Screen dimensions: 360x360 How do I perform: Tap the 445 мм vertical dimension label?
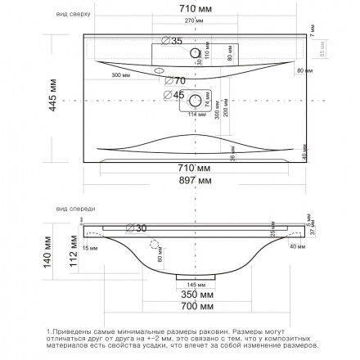[53, 97]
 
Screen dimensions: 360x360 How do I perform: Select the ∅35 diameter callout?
[172, 40]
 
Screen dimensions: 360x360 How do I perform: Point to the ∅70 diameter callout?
[175, 80]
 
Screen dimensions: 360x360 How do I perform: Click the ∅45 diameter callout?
[173, 94]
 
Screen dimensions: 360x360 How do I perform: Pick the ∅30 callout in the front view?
[136, 227]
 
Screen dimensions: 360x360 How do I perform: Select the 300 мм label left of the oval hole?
[120, 74]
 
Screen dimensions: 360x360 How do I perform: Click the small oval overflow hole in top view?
[160, 71]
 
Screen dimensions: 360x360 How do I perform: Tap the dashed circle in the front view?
[154, 245]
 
